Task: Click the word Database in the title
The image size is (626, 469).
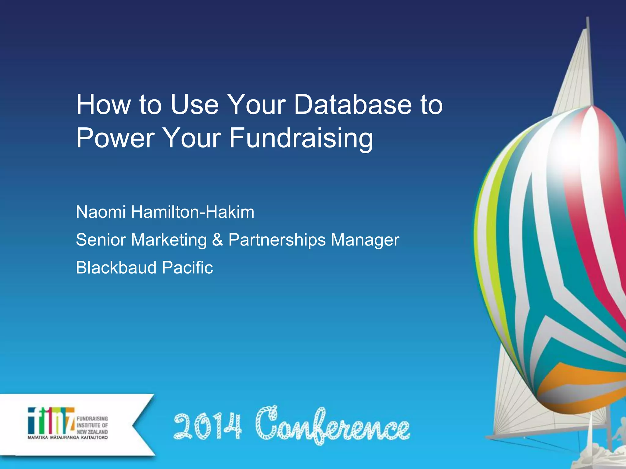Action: (353, 105)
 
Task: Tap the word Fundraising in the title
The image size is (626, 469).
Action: (301, 138)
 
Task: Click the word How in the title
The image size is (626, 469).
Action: (103, 105)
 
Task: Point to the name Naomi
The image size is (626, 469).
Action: (101, 212)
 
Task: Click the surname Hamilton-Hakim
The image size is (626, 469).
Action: (193, 212)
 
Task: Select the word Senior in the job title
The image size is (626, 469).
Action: (101, 240)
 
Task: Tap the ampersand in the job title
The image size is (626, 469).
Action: (217, 240)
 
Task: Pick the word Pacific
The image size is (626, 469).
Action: (187, 267)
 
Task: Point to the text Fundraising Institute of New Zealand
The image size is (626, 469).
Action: (92, 425)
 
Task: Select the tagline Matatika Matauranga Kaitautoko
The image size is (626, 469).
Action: (68, 438)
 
